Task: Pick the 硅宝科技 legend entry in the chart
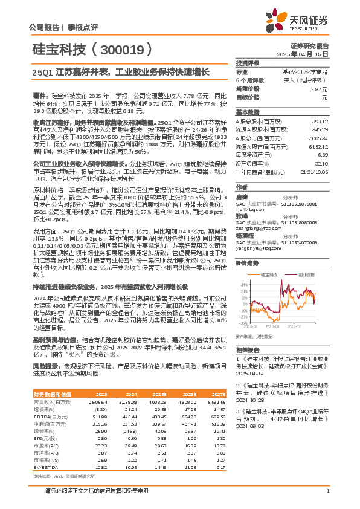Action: coord(269,274)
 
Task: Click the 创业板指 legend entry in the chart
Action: coord(306,274)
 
